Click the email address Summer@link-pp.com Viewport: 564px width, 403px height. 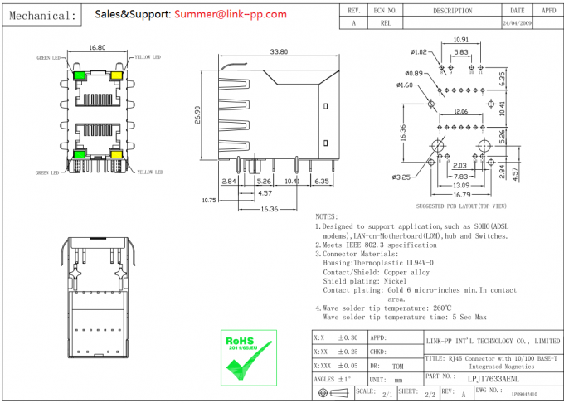pyautogui.click(x=226, y=14)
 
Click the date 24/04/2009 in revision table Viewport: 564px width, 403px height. pyautogui.click(x=518, y=24)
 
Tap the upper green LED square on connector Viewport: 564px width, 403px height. pyautogui.click(x=79, y=76)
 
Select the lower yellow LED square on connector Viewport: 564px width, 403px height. pyautogui.click(x=115, y=154)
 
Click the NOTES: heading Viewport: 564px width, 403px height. pyautogui.click(x=328, y=216)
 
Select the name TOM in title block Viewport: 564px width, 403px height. pyautogui.click(x=397, y=365)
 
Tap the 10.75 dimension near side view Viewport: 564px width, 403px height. pyautogui.click(x=209, y=200)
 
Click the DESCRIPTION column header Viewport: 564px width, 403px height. pyautogui.click(x=453, y=11)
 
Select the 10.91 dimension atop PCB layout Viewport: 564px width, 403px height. pyautogui.click(x=460, y=40)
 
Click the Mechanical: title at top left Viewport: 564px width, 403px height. pyautogui.click(x=41, y=15)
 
